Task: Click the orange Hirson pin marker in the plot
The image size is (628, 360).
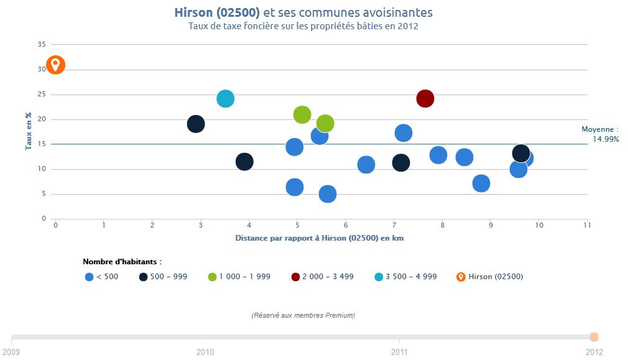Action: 55,65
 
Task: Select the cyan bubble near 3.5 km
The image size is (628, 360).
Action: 225,98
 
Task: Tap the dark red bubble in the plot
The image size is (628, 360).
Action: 425,98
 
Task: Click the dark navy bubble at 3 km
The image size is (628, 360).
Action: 196,124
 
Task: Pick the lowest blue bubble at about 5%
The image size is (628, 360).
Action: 327,194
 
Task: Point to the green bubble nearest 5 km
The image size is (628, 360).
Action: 302,114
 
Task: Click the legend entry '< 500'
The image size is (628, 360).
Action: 101,277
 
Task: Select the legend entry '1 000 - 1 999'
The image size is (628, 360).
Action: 239,277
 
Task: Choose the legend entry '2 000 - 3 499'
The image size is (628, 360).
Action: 322,277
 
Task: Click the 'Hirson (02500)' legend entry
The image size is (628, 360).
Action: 490,277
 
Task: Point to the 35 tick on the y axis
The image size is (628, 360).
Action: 42,45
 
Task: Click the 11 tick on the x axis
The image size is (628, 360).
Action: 587,225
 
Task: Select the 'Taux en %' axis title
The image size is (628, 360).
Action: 29,131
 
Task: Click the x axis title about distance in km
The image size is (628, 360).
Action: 320,238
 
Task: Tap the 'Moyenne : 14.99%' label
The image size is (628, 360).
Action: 600,134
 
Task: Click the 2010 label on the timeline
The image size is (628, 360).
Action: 205,352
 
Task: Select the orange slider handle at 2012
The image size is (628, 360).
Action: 594,337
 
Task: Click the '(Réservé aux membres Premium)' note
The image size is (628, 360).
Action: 303,315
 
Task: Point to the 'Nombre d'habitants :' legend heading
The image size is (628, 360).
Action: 122,262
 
